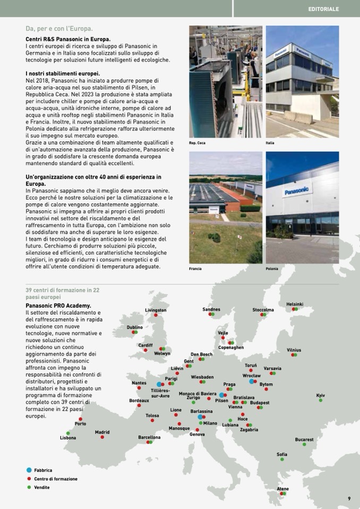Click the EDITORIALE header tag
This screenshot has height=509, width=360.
tap(323, 9)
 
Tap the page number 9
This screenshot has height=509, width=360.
tap(349, 498)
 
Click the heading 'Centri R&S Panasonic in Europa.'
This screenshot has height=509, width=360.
tap(68, 39)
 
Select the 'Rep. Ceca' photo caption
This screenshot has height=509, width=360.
tap(197, 143)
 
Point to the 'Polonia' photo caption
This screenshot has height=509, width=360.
tap(272, 269)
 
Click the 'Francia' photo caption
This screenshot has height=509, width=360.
tap(195, 269)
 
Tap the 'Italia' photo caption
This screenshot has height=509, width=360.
tap(270, 143)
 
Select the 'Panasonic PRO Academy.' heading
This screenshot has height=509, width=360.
tap(58, 306)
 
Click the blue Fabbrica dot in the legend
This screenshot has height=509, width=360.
tap(29, 470)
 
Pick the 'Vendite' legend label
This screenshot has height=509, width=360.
tap(42, 487)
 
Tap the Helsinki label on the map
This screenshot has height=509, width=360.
tap(295, 304)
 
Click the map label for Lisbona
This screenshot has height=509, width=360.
tap(68, 438)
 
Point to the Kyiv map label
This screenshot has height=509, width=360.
tap(320, 395)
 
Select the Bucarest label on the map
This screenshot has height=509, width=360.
tap(304, 439)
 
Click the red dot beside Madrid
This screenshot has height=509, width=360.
tap(102, 437)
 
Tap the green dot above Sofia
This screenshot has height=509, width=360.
tap(282, 459)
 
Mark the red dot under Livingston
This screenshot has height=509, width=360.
tap(156, 315)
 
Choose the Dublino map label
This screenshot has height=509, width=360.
tap(135, 327)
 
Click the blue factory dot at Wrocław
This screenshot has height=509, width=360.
tap(251, 381)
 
